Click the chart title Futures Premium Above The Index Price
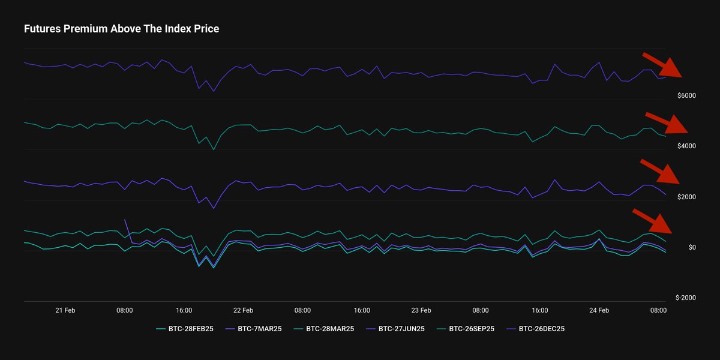point(121,29)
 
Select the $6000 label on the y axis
point(686,96)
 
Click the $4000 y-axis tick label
point(686,146)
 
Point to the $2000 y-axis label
point(686,197)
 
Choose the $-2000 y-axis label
point(685,298)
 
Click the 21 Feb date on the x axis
point(65,310)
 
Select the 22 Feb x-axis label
point(243,310)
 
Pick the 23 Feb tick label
point(421,310)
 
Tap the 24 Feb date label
point(599,310)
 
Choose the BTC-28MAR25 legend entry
point(329,329)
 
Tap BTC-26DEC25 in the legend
point(541,329)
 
